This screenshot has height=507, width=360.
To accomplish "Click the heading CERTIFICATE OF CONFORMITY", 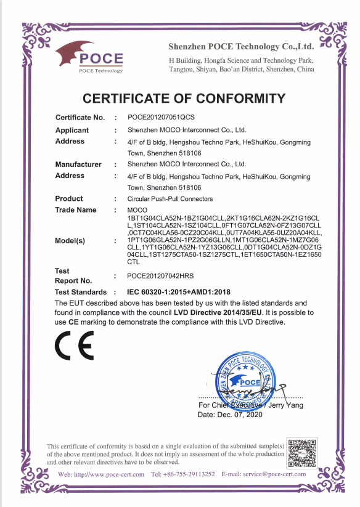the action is point(184,99).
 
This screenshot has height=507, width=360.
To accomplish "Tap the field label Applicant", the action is point(72,130).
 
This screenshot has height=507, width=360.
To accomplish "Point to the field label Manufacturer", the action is point(78,164).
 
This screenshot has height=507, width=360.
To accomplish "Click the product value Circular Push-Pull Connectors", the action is point(170,199).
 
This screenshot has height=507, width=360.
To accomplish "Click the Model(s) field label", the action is point(70,240).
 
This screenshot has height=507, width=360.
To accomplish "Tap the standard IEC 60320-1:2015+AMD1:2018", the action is point(182,291).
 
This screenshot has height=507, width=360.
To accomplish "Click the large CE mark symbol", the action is point(75,346).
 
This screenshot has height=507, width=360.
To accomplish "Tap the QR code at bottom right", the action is point(302,452).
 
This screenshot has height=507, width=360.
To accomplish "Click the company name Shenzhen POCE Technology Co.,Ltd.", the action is point(241,47).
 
